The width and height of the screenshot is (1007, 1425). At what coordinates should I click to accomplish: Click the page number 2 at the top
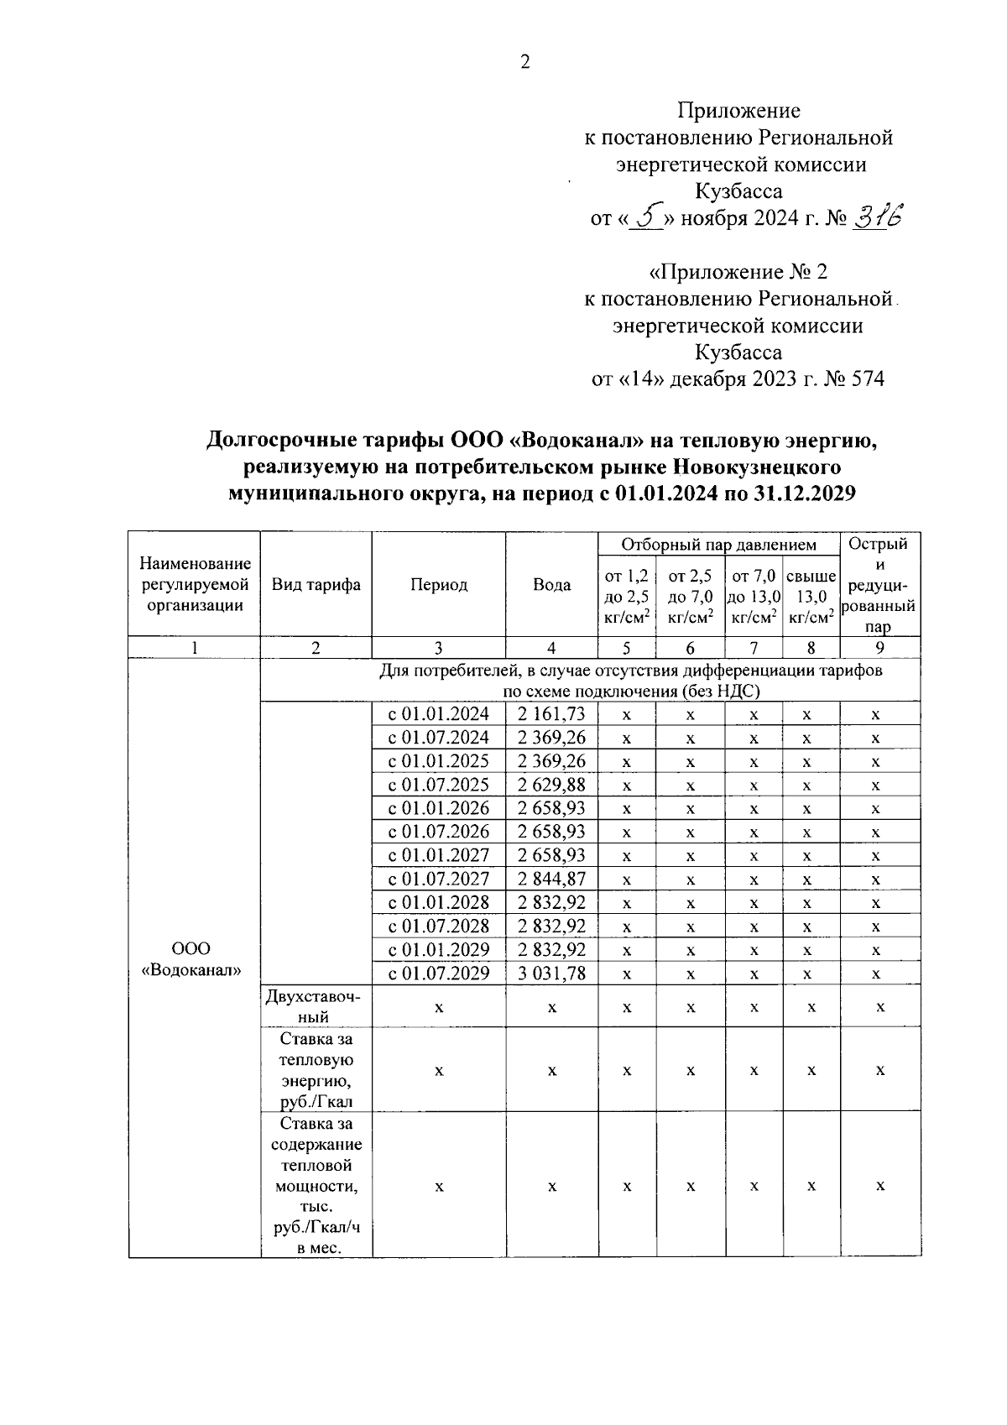pos(525,62)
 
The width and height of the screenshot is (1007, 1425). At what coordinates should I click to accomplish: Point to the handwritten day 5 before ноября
pos(647,218)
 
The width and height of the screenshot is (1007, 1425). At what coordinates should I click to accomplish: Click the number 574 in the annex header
pos(867,378)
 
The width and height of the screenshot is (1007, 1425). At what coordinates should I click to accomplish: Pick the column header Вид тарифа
pos(316,585)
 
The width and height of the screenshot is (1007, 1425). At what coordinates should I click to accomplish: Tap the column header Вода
pos(551,585)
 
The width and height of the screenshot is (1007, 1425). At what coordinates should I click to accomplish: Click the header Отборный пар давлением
pos(718,545)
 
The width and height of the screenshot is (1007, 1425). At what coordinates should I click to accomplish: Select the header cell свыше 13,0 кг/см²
pos(811,597)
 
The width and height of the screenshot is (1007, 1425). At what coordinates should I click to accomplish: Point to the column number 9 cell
pos(879,648)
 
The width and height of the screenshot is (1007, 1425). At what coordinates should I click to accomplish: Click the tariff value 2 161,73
pos(551,714)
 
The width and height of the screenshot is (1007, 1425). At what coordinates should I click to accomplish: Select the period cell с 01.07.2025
pos(438,785)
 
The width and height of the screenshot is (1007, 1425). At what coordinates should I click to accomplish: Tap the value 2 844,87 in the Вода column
pos(551,879)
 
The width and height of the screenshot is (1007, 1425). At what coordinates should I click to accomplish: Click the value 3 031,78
pos(551,973)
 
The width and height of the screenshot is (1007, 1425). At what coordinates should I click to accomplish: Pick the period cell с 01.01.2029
pos(438,949)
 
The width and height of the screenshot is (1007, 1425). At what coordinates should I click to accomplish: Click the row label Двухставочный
pos(316,1006)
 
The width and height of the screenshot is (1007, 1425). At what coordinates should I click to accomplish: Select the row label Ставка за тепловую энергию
pos(316,1070)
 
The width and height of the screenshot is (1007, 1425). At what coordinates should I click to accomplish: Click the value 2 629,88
pos(551,785)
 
